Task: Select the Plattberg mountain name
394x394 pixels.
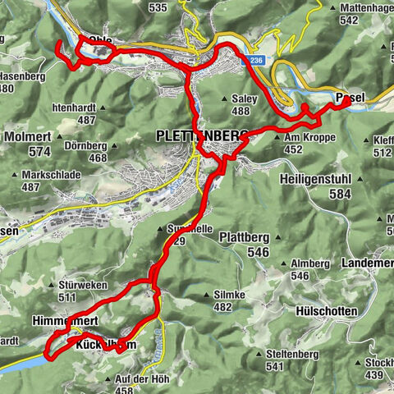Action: [244, 237]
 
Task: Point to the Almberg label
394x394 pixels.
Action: [309, 263]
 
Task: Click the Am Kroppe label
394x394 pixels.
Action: [311, 137]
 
